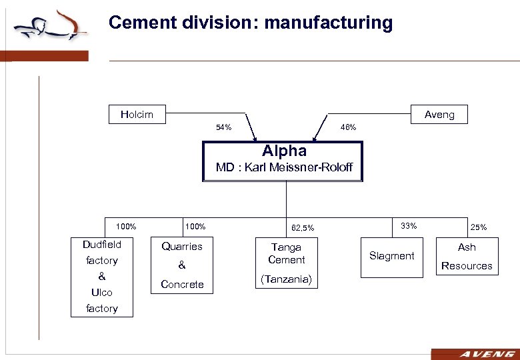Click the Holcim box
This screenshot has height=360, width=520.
tap(137, 114)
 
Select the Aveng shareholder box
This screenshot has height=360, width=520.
tap(439, 114)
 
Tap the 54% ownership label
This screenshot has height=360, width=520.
tap(223, 127)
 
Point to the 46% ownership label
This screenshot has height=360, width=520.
tap(348, 127)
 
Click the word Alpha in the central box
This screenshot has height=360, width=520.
tap(284, 151)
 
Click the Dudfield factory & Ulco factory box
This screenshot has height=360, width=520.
tap(102, 277)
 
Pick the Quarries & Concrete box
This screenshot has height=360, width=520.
tap(182, 265)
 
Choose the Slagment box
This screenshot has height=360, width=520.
tap(392, 256)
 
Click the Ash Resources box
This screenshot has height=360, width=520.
tap(467, 256)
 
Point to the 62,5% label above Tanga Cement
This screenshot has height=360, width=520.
tap(302, 229)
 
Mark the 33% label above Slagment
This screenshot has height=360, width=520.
tap(409, 226)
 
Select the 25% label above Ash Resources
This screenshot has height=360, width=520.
tap(478, 227)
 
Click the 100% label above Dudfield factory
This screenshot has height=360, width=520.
tap(126, 227)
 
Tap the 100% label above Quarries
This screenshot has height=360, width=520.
tap(195, 227)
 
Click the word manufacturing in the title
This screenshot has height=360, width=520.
tap(329, 23)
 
